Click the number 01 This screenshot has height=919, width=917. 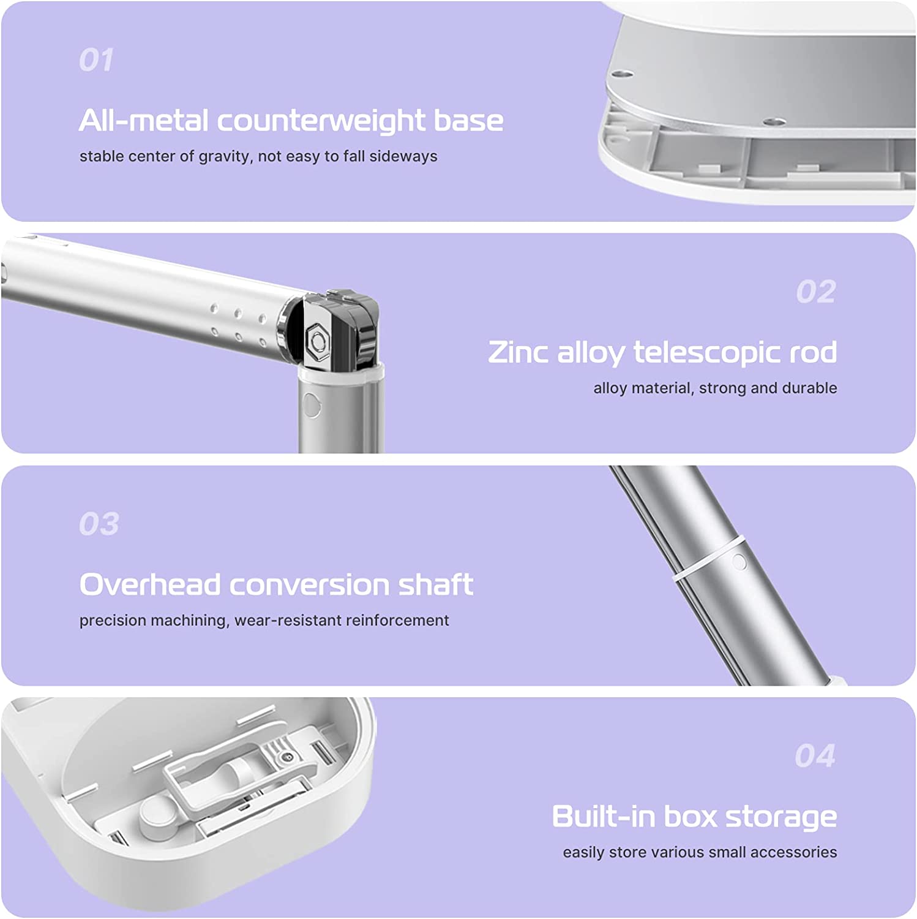coord(96,60)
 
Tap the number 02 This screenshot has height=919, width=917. coord(816,292)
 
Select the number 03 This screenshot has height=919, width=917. coord(99,524)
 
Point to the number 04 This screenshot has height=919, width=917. coord(815,755)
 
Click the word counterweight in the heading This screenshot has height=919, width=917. coord(321,120)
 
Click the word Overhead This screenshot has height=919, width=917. coord(150,584)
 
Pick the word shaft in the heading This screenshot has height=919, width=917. coord(436,584)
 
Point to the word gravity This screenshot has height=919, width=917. coord(224,157)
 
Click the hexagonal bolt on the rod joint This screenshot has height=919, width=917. coord(317,338)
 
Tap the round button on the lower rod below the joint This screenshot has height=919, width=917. coord(312,405)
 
